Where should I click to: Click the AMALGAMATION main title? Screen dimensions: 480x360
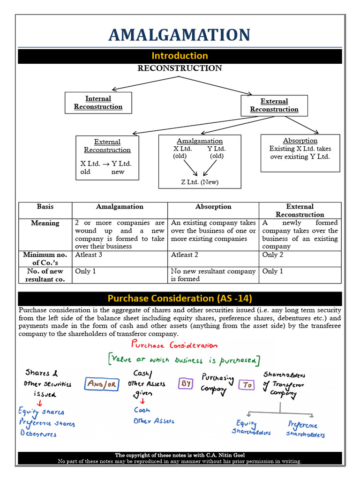[180, 35]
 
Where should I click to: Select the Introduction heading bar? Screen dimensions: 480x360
[180, 56]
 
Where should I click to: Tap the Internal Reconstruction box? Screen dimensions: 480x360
[98, 103]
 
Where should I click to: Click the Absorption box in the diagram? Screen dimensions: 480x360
[300, 153]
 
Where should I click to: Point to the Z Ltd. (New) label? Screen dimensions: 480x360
[200, 182]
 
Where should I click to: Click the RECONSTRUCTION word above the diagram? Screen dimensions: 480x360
[180, 68]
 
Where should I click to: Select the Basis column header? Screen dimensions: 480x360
[45, 207]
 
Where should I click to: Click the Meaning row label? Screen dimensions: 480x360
[45, 223]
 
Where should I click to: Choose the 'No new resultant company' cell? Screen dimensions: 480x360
[213, 275]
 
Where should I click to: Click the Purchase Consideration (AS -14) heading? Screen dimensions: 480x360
[180, 299]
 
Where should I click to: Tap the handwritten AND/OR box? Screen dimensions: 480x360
[100, 384]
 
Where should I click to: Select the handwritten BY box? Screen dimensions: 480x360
[184, 383]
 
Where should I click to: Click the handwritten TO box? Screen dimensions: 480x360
[246, 385]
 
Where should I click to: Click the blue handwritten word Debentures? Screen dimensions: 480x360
[38, 434]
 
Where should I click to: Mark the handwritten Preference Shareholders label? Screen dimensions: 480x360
[305, 429]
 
